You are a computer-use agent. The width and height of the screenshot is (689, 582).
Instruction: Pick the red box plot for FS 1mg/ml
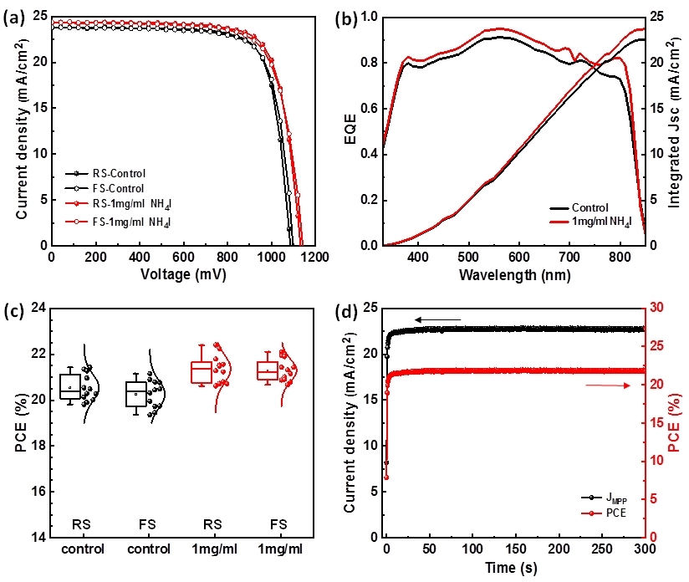pos(268,370)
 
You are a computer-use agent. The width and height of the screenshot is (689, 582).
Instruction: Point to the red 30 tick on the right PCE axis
pos(657,308)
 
